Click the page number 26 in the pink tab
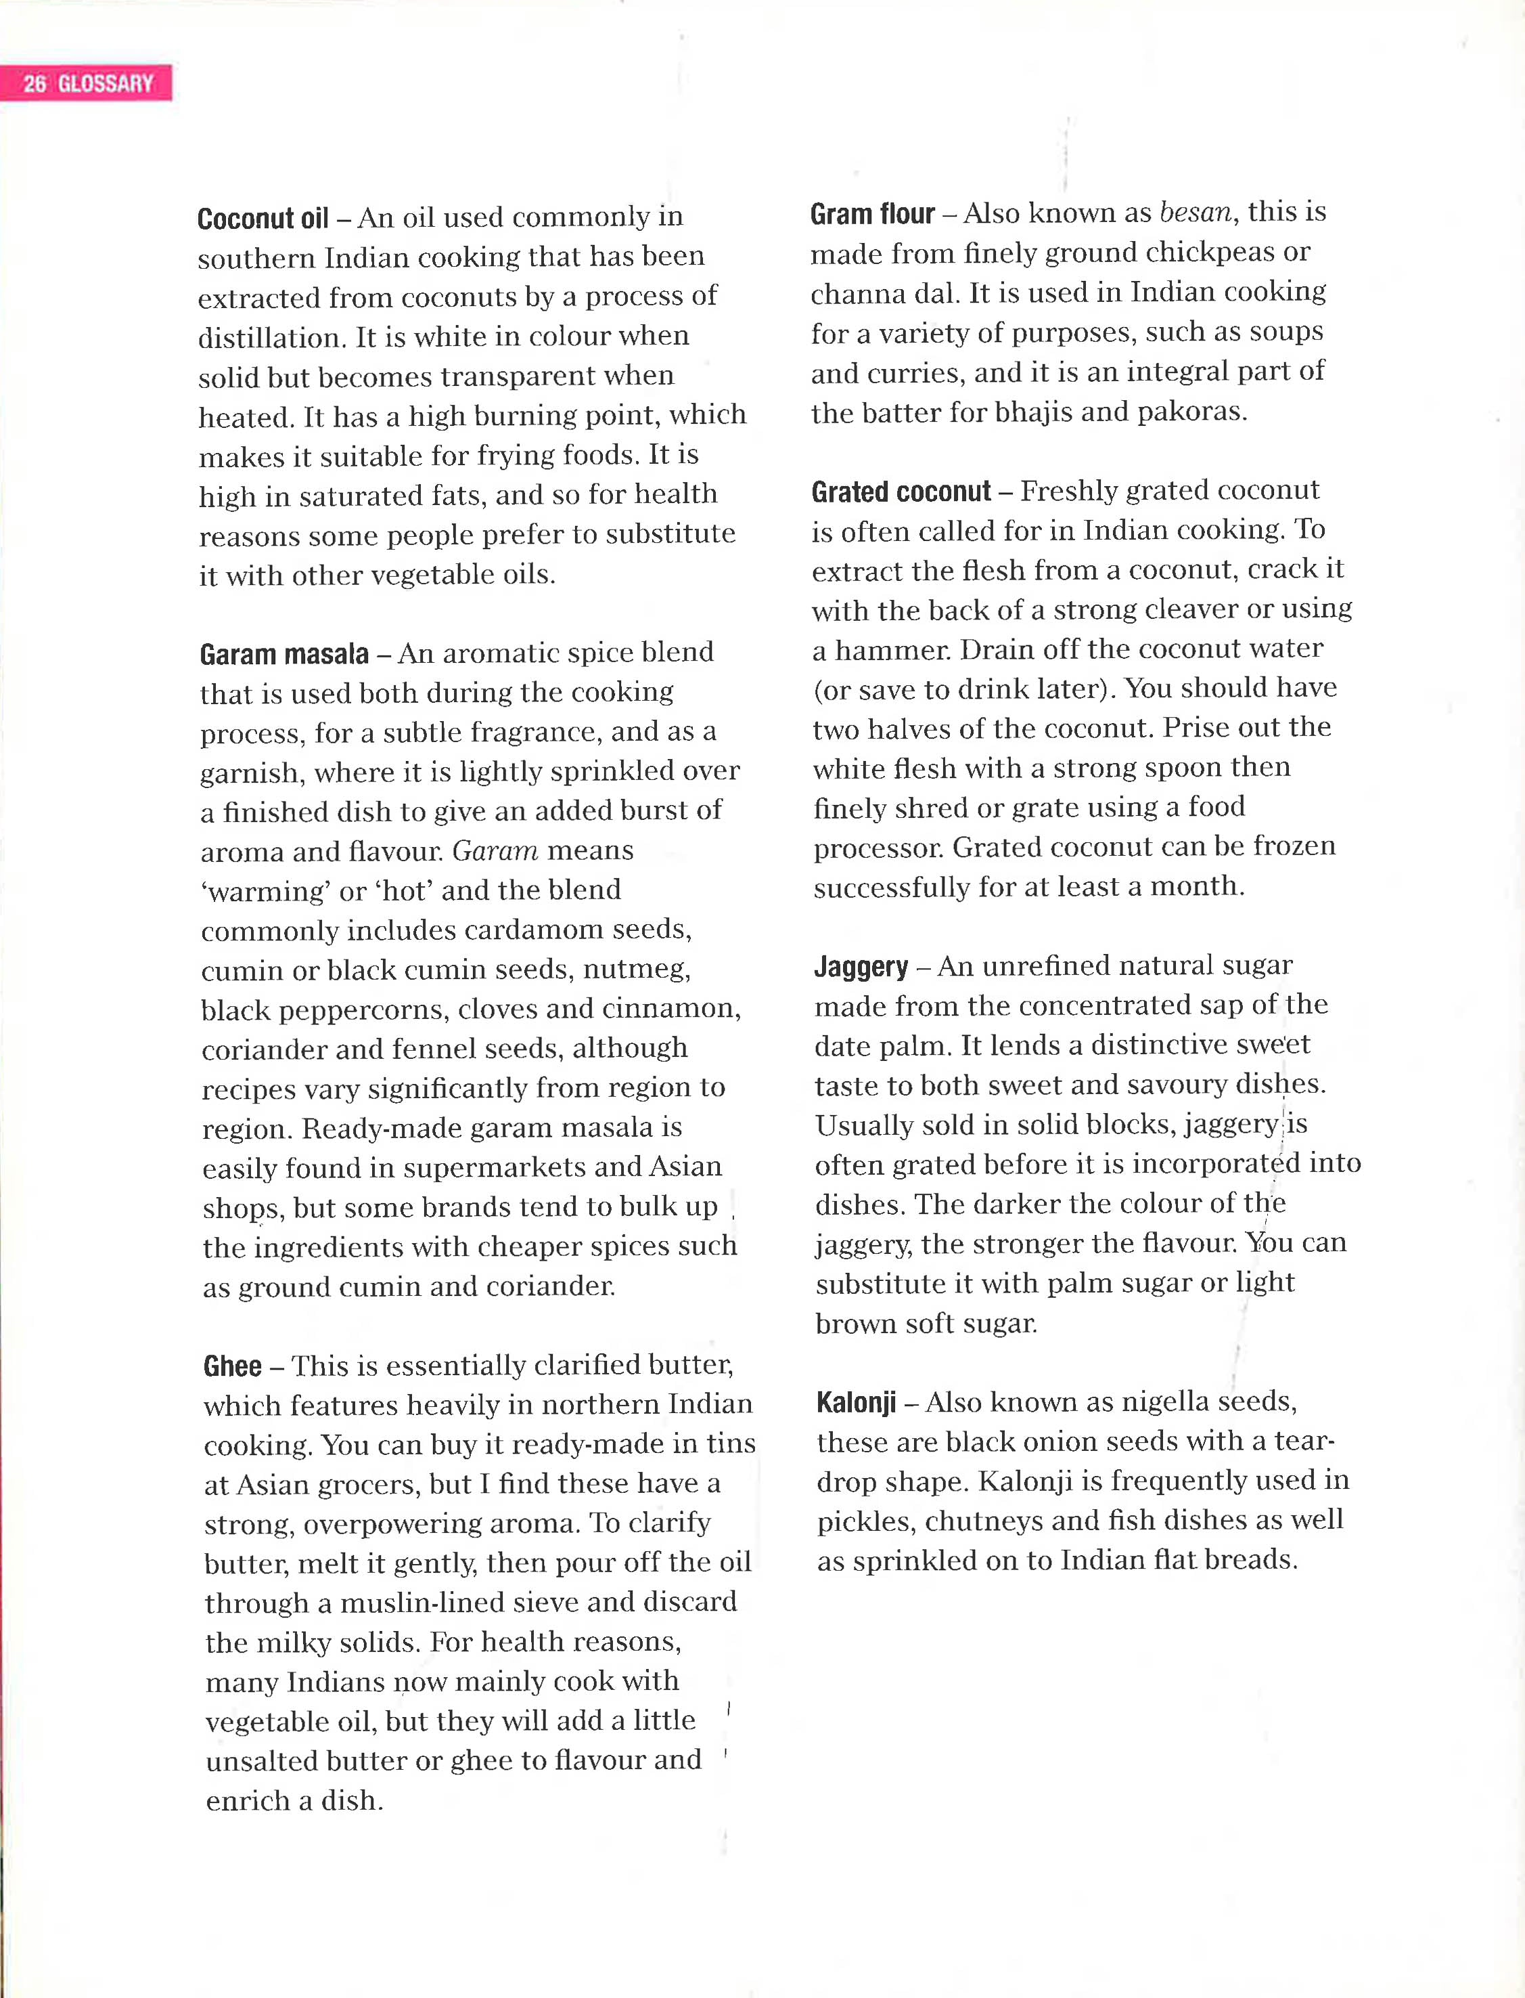35,83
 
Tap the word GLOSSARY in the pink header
106,83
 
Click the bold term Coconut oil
263,219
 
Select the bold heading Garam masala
284,654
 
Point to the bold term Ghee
232,1366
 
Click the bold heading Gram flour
872,215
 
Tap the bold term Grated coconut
901,492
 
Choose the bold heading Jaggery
861,966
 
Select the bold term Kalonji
856,1402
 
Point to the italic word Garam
495,851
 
